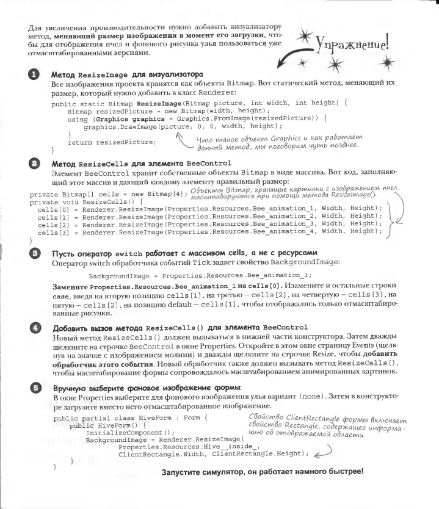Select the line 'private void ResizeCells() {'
[72, 199]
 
